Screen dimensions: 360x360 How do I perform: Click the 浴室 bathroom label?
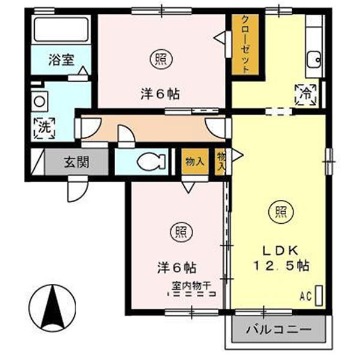click(61, 60)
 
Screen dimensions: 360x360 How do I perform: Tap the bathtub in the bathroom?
click(61, 29)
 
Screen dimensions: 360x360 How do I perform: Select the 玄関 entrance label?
click(76, 163)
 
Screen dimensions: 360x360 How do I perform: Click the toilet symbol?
click(151, 162)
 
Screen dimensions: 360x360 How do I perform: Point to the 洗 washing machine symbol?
click(44, 128)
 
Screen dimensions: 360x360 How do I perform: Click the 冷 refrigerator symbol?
click(305, 95)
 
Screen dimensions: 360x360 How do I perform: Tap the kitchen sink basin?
click(314, 59)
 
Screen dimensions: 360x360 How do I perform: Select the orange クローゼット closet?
click(245, 44)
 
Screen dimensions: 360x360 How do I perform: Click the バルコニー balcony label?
click(279, 330)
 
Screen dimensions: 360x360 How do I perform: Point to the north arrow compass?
click(52, 308)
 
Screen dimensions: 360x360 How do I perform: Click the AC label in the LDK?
click(305, 296)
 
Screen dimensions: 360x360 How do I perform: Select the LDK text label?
click(280, 251)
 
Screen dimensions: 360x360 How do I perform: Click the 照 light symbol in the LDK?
click(281, 213)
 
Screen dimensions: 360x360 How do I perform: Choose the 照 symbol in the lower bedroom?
click(181, 232)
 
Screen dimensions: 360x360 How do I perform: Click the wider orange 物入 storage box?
click(195, 161)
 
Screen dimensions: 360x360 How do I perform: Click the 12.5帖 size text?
click(281, 266)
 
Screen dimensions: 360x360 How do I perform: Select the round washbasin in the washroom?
click(40, 102)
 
